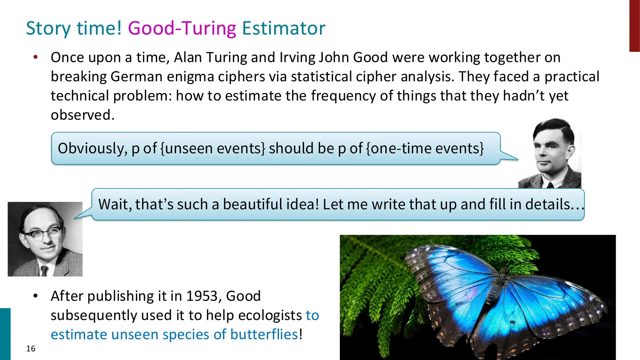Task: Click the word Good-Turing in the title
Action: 182,28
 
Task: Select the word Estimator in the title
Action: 284,28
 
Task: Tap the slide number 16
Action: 31,348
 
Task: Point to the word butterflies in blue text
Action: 264,334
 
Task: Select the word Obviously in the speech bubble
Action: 92,148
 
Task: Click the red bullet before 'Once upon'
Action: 36,57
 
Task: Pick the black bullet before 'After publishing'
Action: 36,296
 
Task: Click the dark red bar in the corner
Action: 634,26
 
